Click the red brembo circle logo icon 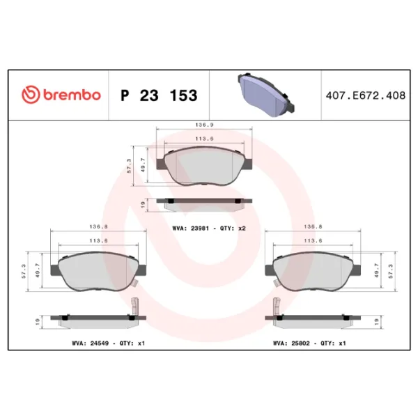point(31,95)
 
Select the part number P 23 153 point(159,95)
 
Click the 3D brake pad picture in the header point(267,94)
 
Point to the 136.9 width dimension point(203,126)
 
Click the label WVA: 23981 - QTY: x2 point(210,228)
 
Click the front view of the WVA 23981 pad point(203,167)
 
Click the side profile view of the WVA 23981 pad point(203,203)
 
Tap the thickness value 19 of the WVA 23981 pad point(142,203)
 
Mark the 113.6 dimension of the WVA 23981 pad point(203,138)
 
